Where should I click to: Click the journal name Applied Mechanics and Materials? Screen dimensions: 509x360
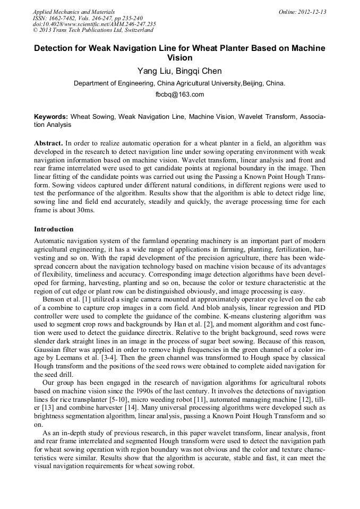[x=74, y=12]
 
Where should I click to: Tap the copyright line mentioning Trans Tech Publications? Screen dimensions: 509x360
[x=93, y=30]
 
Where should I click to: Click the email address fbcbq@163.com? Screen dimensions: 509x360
[x=179, y=94]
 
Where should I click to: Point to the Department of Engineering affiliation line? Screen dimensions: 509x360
[x=179, y=83]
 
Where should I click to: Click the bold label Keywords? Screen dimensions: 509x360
[x=51, y=116]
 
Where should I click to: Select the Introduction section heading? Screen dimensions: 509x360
[x=54, y=229]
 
